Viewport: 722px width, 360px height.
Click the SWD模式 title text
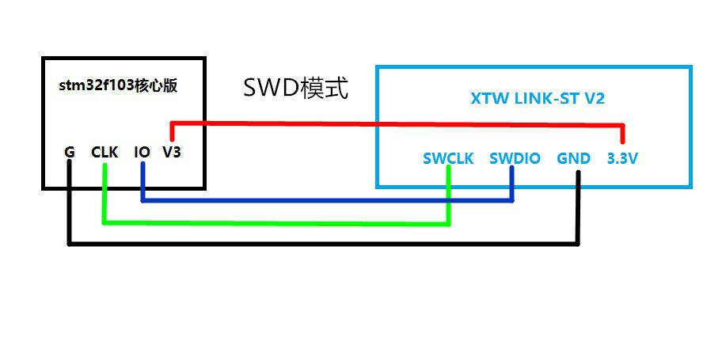295,88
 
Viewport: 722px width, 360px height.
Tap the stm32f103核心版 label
118,86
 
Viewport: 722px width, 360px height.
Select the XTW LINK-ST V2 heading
537,99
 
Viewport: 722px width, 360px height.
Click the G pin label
70,152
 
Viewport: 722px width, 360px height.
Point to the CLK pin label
104,152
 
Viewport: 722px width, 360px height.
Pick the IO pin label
142,152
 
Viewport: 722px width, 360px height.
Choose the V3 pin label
172,152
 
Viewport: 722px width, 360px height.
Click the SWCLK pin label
449,159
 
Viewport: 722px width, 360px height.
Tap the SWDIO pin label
515,159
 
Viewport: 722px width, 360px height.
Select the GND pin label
573,159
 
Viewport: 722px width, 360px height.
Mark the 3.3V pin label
622,159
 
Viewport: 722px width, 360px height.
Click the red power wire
397,124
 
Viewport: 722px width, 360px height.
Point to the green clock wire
276,223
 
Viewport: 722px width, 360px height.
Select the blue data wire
327,200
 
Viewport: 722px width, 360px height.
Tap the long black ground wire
324,243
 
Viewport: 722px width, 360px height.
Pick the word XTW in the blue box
484,99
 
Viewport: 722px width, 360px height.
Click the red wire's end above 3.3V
623,142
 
